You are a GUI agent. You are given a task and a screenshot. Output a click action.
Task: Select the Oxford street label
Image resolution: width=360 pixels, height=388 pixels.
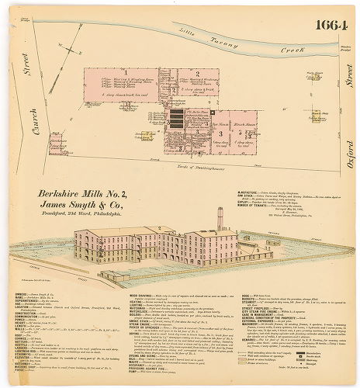click(x=350, y=147)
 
